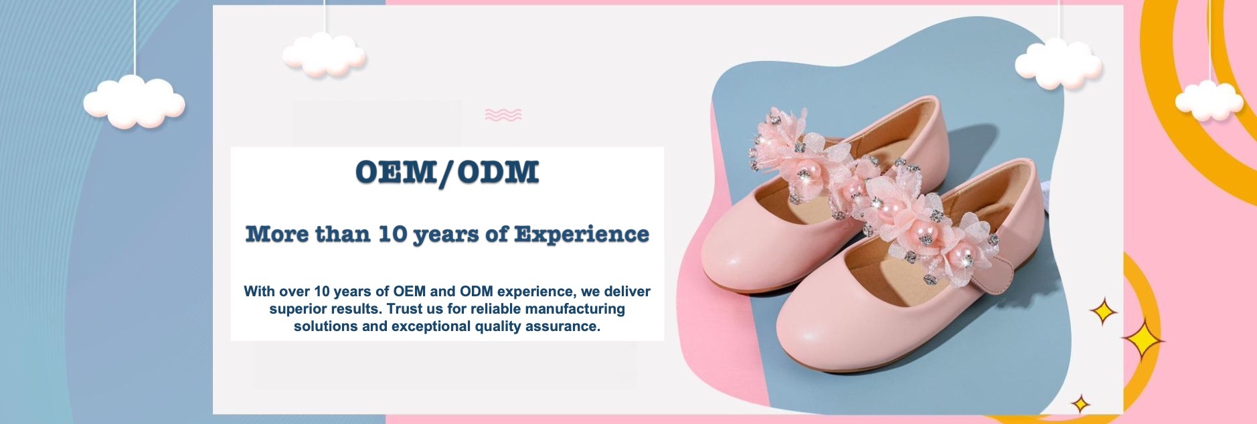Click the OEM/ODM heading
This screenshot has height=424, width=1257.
447,173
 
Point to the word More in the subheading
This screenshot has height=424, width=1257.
276,234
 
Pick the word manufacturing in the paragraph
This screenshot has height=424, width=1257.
573,309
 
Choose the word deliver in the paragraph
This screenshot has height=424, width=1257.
627,292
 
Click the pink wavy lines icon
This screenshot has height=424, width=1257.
503,115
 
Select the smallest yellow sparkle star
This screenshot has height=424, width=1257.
1080,404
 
